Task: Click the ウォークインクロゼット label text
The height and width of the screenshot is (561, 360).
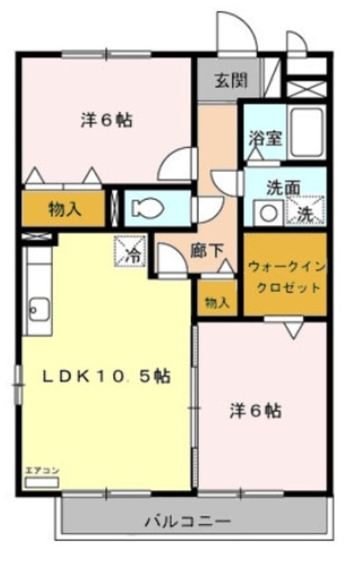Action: pyautogui.click(x=283, y=275)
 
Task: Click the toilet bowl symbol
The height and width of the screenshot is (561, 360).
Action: pyautogui.click(x=148, y=208)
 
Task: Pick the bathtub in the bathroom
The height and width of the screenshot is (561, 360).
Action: pyautogui.click(x=307, y=131)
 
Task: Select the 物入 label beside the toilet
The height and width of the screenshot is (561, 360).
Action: pyautogui.click(x=64, y=209)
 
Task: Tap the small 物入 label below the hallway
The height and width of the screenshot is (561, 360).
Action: pyautogui.click(x=217, y=302)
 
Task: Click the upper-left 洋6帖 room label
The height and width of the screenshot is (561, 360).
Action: pyautogui.click(x=106, y=120)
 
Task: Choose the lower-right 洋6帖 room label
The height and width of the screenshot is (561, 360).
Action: pyautogui.click(x=255, y=409)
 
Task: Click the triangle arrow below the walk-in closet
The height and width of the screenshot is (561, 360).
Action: pyautogui.click(x=293, y=328)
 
